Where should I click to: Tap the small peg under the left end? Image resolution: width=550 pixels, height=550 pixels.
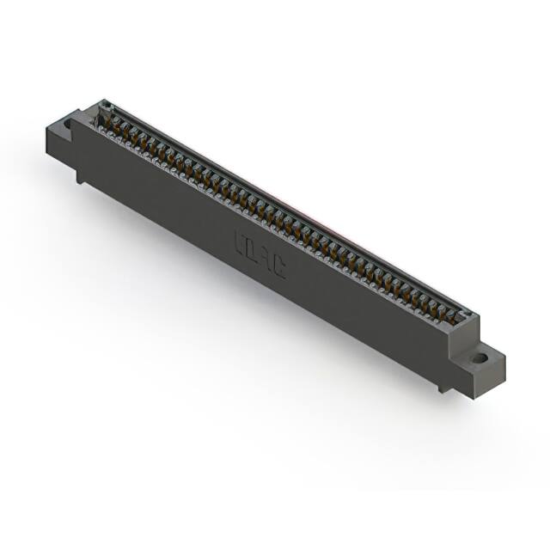pos(80,176)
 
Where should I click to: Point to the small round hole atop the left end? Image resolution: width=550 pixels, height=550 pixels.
pos(106,106)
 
